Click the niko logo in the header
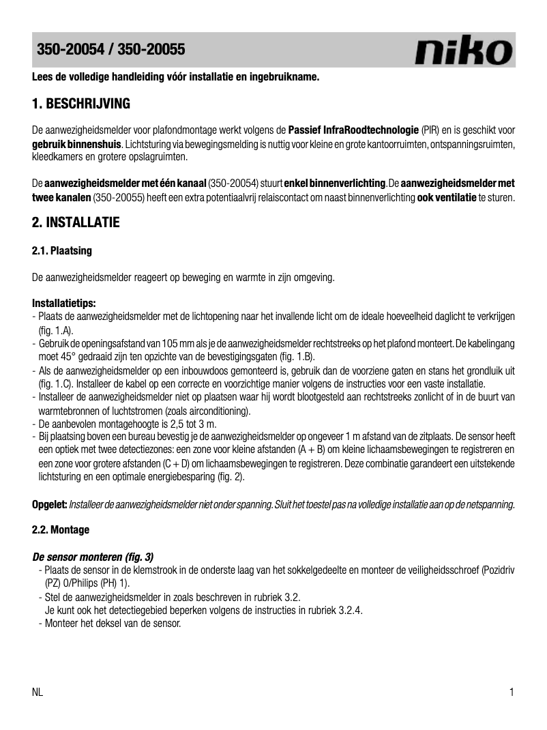click(x=464, y=51)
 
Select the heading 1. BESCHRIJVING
click(x=81, y=104)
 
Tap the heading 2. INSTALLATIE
click(x=76, y=222)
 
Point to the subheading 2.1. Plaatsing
click(x=62, y=251)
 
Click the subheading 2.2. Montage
click(x=61, y=529)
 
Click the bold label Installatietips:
click(x=64, y=303)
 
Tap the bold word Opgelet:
click(x=50, y=504)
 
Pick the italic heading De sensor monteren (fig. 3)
click(x=93, y=556)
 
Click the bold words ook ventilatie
click(x=447, y=198)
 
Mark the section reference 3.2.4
click(x=351, y=611)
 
